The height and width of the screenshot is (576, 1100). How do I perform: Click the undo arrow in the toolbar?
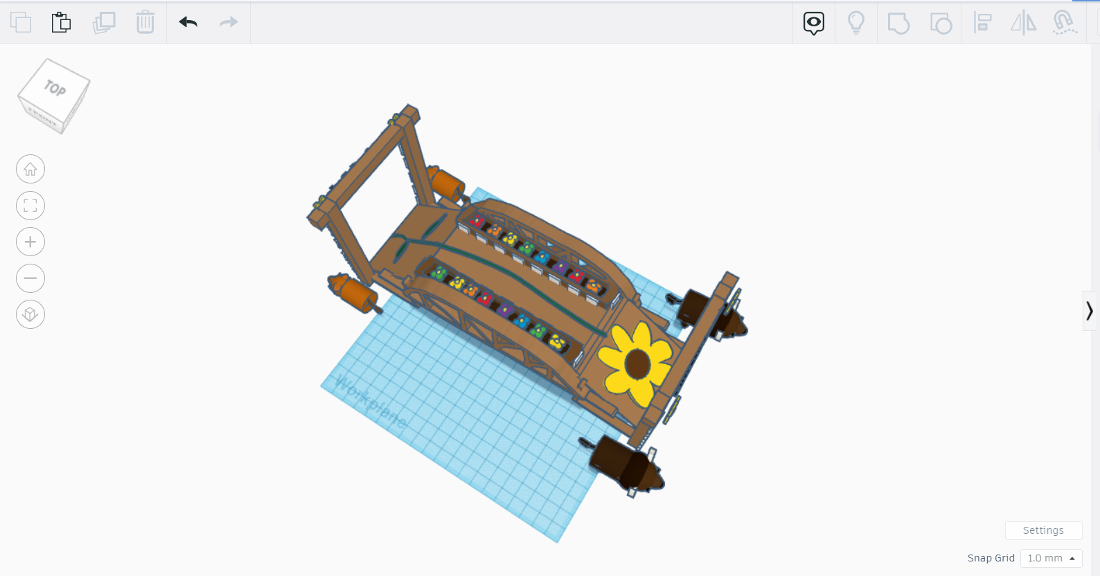(188, 23)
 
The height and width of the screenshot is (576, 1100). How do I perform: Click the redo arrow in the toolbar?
(229, 23)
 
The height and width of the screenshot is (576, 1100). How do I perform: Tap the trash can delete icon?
(145, 22)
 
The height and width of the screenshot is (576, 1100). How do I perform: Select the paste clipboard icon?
(61, 22)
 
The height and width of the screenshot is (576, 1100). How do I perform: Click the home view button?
(30, 169)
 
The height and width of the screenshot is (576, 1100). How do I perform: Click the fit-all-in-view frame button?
(30, 206)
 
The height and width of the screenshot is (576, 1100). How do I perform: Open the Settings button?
(1043, 530)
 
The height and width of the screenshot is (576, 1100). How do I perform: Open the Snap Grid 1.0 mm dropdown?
(1051, 558)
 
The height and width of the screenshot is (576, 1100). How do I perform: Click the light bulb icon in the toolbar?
(856, 23)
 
